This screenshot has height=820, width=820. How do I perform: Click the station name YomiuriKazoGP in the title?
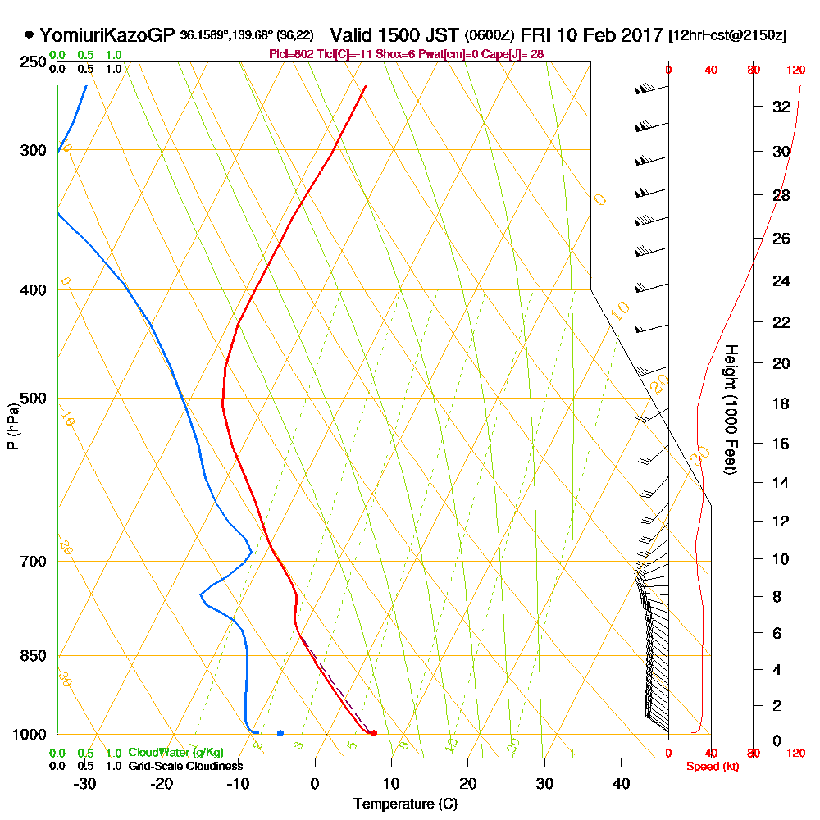click(x=107, y=35)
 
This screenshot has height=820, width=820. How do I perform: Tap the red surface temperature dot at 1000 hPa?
click(x=373, y=733)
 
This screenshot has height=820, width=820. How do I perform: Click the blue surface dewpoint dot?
click(x=280, y=733)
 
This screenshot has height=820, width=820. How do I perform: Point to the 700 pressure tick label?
click(x=32, y=562)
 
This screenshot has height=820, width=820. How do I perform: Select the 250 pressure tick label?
click(x=32, y=62)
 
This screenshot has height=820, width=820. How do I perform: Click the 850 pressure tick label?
click(x=32, y=656)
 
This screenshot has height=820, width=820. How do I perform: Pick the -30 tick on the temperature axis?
click(x=85, y=783)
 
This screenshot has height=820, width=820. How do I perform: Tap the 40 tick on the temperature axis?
click(x=621, y=783)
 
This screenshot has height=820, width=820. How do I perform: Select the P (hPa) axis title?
click(x=12, y=426)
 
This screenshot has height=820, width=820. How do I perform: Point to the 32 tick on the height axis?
click(x=781, y=107)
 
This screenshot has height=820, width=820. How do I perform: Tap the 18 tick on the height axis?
click(x=781, y=403)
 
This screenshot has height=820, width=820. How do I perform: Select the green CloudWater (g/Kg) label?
click(x=175, y=753)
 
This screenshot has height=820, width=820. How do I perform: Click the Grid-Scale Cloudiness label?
click(x=184, y=766)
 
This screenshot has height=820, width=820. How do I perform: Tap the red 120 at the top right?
click(x=795, y=71)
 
